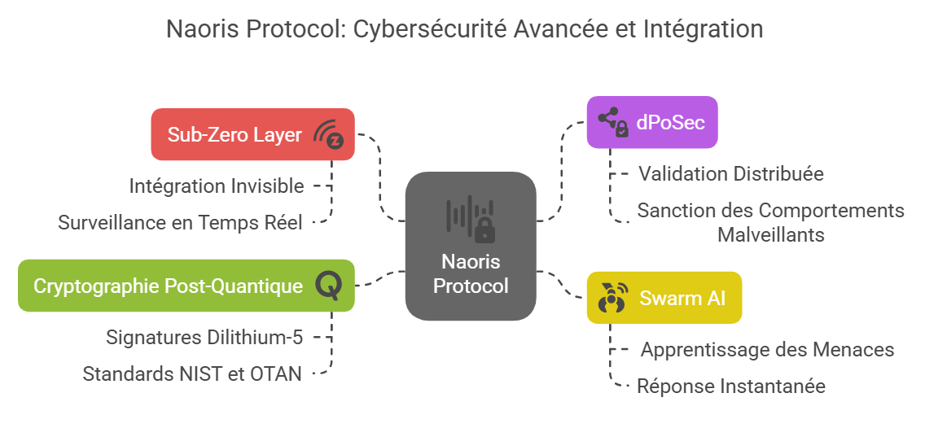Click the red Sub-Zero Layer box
point(252,134)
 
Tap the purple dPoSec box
point(652,122)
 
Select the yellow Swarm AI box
point(664,298)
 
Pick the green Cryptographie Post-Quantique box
point(186,286)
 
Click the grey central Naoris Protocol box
point(471,246)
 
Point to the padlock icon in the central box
point(485,230)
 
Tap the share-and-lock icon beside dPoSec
point(613,122)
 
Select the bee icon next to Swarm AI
point(612,298)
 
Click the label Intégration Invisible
point(217,186)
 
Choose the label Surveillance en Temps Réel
point(180,223)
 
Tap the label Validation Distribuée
point(731,174)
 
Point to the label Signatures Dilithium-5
point(204,338)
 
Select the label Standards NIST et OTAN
point(191,373)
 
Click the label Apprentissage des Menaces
point(768,350)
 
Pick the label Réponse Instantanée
point(731,387)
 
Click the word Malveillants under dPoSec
point(770,234)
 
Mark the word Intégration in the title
point(701,29)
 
